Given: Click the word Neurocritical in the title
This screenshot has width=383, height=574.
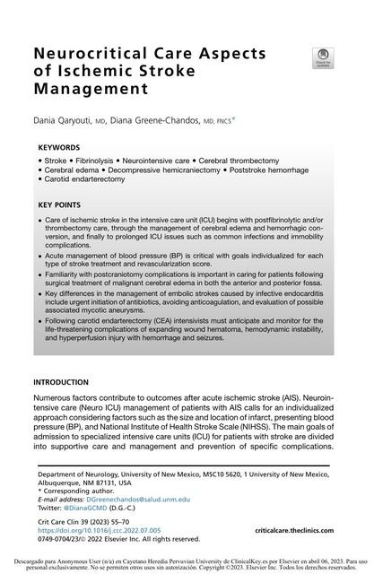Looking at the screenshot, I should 89,54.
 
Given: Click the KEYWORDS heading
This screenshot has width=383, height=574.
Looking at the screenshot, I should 59,146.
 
